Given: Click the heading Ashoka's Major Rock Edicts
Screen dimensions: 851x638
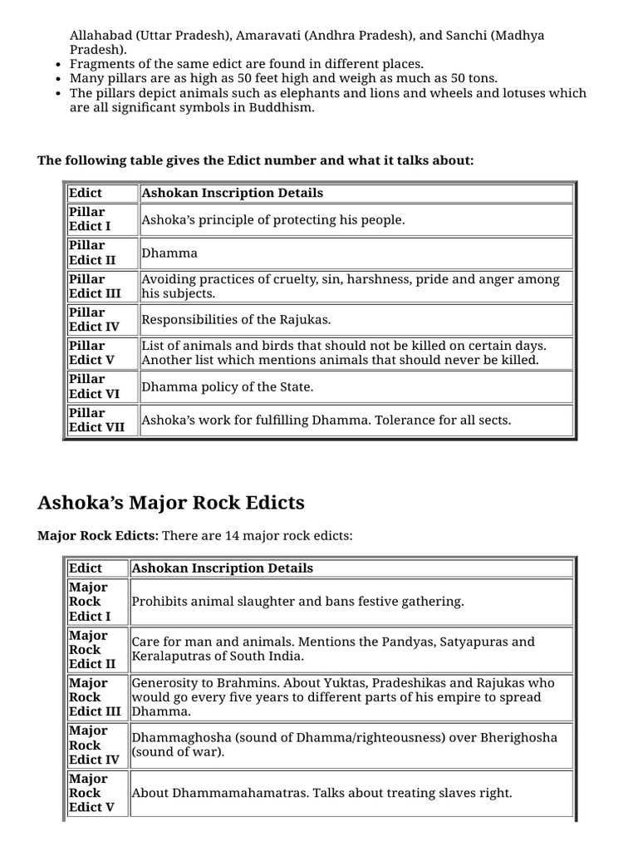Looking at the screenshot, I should click(171, 503).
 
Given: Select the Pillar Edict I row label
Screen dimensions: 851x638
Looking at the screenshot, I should click(90, 219).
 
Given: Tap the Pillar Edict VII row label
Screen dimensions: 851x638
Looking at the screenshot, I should click(96, 420).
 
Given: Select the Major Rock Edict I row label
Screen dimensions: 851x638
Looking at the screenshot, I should click(90, 602).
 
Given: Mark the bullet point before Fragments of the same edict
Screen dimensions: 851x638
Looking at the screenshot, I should click(56, 64).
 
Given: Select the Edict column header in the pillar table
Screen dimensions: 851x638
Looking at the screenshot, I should click(86, 193).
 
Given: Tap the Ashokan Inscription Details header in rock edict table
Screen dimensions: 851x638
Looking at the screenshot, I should click(223, 568).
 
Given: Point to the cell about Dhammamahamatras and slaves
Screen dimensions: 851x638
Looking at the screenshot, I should click(321, 793).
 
